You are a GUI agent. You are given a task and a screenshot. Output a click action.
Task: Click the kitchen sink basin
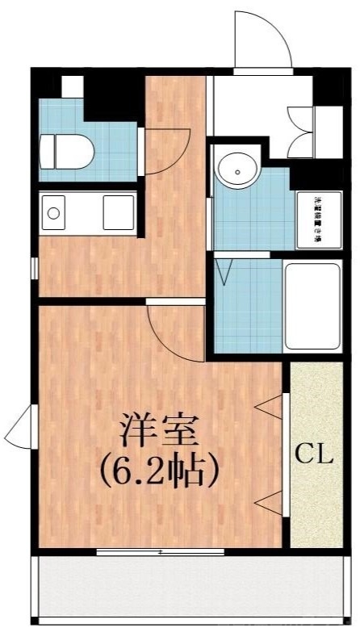point(56,214)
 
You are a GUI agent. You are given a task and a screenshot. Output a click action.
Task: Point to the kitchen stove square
point(118,214)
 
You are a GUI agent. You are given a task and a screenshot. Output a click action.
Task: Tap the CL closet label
point(313,454)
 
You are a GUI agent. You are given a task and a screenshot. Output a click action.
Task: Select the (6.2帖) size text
point(159,469)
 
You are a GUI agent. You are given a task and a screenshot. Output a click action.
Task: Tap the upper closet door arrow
point(267,407)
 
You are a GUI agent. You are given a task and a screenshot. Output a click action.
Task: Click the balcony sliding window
point(160,552)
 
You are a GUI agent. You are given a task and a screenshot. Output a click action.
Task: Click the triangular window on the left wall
point(21,429)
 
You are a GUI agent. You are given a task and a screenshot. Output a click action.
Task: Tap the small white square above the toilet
point(72,86)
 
